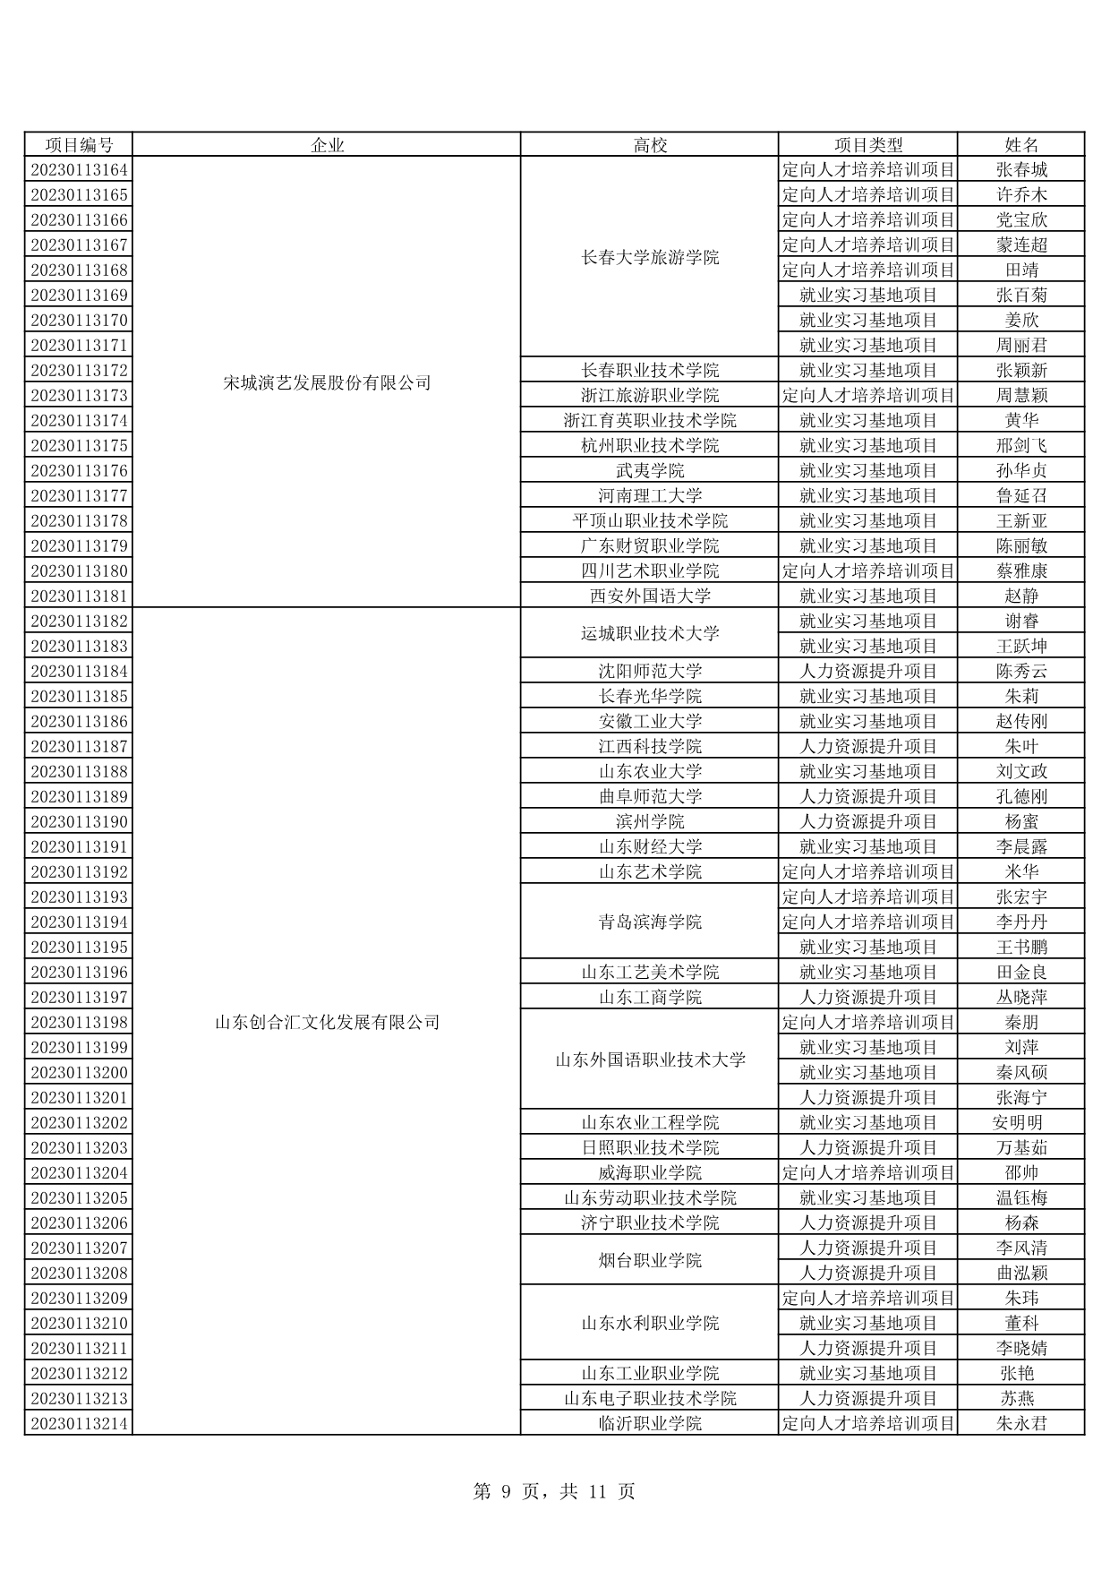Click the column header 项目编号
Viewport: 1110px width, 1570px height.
click(x=79, y=145)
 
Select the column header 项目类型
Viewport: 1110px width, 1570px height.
click(x=867, y=145)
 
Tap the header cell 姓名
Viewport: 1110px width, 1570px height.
click(x=1020, y=145)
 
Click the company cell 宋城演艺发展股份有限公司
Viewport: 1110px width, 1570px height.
click(x=327, y=383)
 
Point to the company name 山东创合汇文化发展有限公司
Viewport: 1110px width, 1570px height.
click(x=327, y=1022)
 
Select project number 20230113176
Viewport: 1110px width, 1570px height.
click(x=79, y=471)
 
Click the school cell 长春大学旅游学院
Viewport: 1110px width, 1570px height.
click(x=650, y=258)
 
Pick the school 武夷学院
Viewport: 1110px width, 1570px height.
click(x=650, y=471)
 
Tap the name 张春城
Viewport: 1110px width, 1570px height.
click(x=1020, y=170)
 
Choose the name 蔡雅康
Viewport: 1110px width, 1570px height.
click(x=1020, y=571)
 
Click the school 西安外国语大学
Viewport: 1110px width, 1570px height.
click(x=650, y=596)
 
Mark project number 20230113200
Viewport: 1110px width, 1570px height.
click(x=79, y=1073)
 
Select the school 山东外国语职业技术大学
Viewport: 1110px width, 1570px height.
click(x=650, y=1060)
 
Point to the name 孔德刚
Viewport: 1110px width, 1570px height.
click(x=1020, y=797)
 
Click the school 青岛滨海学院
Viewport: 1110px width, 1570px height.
click(x=650, y=922)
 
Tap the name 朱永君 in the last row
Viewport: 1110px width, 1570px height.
click(x=1020, y=1424)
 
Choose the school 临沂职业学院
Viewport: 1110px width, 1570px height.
click(x=650, y=1424)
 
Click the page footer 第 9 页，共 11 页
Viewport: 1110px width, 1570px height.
click(x=554, y=1491)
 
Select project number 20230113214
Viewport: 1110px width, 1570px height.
click(x=79, y=1424)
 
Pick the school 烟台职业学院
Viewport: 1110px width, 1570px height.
click(x=650, y=1261)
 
